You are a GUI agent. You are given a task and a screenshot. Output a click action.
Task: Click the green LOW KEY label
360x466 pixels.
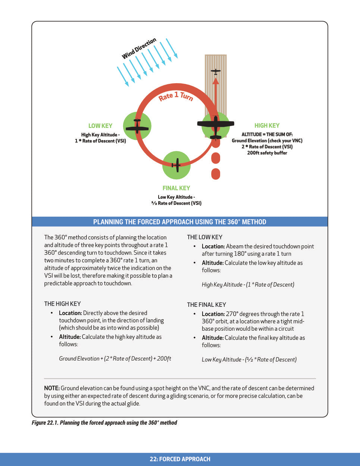[x=100, y=126]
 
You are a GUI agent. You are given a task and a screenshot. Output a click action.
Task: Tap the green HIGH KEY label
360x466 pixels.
[x=267, y=126]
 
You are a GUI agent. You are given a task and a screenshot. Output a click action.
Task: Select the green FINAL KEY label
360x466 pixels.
[x=176, y=188]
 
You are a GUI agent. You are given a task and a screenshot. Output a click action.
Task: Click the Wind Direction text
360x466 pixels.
[x=139, y=48]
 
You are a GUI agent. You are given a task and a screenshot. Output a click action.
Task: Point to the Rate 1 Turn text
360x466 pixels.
[x=176, y=96]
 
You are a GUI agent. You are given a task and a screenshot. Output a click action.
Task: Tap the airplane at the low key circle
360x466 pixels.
[x=137, y=126]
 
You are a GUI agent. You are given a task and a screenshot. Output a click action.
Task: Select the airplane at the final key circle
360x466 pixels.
[x=176, y=165]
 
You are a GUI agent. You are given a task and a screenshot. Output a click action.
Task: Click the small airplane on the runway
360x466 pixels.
[x=216, y=71]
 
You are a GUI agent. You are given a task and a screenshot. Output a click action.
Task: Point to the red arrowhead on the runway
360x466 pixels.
[x=216, y=81]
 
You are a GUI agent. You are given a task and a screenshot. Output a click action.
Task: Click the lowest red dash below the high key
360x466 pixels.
[x=216, y=174]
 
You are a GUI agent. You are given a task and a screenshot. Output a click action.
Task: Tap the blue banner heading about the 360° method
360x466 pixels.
[x=180, y=222]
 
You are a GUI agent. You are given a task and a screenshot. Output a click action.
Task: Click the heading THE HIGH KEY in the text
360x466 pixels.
[x=62, y=304]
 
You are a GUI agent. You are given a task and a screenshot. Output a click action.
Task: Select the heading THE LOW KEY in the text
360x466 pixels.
[x=204, y=237]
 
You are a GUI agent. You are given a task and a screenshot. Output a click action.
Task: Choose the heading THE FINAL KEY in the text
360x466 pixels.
[x=206, y=305]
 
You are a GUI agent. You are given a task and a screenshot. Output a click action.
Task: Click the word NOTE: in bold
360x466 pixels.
[x=52, y=388]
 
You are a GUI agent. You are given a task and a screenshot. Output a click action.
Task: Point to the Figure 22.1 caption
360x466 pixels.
[x=104, y=423]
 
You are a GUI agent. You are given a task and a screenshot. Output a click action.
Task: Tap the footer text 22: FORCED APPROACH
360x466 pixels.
[x=180, y=459]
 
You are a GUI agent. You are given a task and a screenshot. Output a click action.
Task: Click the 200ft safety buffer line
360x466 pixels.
[x=267, y=153]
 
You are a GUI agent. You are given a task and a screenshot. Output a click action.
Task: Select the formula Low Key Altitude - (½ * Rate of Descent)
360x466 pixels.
[x=249, y=359]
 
